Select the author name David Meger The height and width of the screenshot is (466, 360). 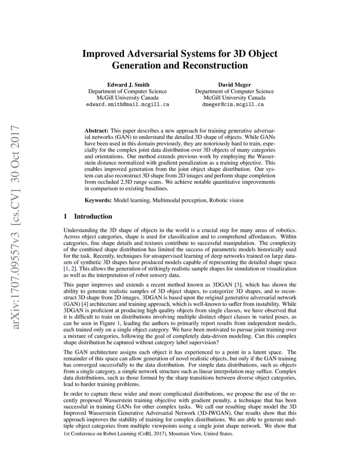click(x=234, y=84)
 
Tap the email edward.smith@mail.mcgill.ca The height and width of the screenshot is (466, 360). click(x=127, y=105)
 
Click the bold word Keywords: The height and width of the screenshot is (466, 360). click(x=98, y=200)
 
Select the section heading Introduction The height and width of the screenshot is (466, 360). click(x=93, y=216)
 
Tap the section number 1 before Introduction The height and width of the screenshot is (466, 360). click(x=65, y=216)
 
